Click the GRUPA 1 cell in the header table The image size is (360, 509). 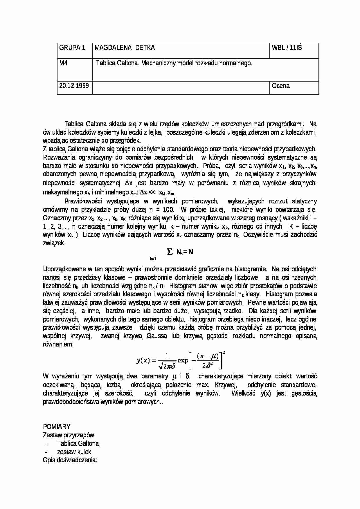point(72,48)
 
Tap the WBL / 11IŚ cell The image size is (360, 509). point(287,48)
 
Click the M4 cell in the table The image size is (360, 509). point(63,63)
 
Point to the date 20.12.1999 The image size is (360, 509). point(74,86)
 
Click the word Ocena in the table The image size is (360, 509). point(281,86)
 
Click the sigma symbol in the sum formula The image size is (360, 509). point(170,252)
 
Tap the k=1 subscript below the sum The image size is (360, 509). point(153,259)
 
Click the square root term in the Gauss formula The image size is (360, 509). point(166,366)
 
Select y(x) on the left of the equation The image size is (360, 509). point(143,361)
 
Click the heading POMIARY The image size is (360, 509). point(57,427)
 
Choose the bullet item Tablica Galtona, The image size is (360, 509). point(79,443)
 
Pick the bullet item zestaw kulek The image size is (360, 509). point(74,452)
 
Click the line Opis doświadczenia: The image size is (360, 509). point(70,460)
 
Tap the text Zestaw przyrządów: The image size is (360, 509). point(69,435)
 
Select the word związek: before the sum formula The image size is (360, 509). point(54,243)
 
